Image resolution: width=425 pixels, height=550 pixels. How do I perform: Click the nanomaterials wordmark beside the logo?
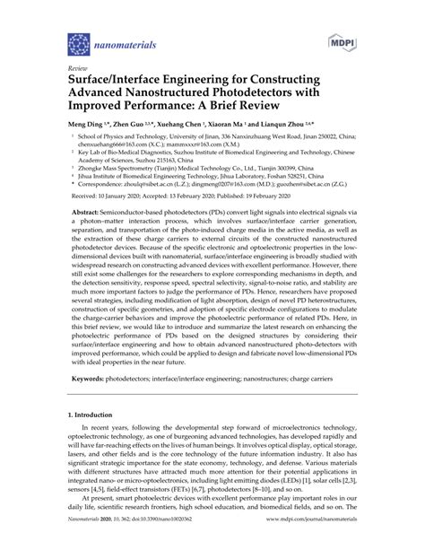(x=126, y=43)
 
